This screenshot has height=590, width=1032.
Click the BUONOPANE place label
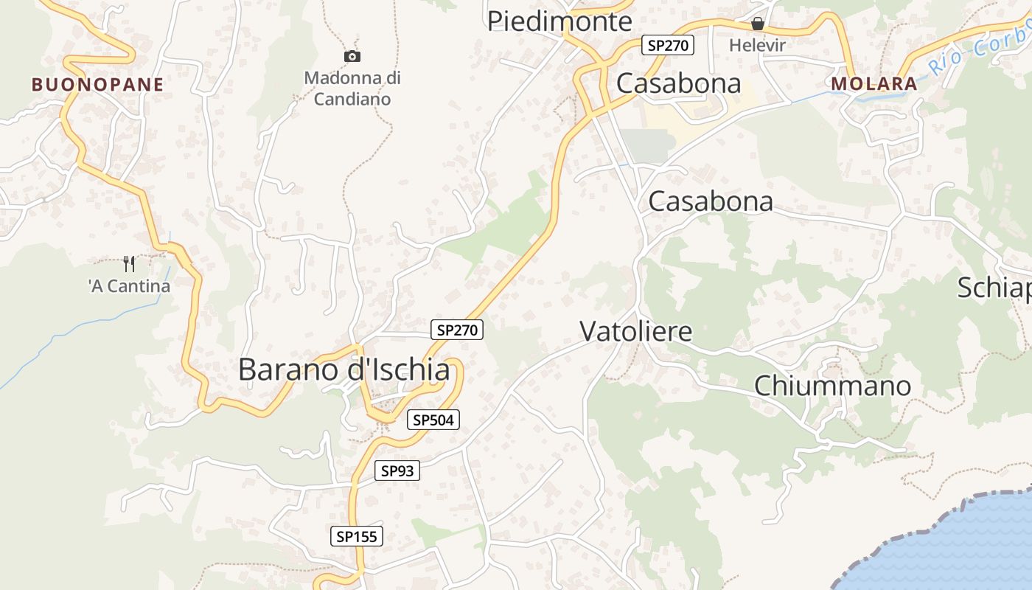(97, 85)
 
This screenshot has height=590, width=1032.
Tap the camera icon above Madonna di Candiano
(352, 56)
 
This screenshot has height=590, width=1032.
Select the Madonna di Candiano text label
(352, 88)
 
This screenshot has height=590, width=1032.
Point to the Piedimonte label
(559, 21)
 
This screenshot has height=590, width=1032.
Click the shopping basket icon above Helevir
(757, 24)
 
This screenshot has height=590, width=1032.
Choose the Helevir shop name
(757, 45)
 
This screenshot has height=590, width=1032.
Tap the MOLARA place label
(874, 84)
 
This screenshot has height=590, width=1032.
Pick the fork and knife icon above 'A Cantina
(129, 263)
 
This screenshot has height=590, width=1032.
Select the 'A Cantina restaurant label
(129, 286)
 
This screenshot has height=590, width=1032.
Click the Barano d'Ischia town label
(344, 369)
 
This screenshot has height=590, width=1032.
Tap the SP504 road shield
(433, 420)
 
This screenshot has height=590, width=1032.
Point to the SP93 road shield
(397, 471)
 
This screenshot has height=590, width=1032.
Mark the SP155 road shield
(357, 536)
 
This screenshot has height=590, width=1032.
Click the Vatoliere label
(636, 331)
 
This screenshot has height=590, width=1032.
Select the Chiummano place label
(832, 385)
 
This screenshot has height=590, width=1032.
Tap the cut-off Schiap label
(994, 288)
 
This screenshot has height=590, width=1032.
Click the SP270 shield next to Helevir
(667, 46)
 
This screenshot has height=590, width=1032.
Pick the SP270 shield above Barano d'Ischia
(457, 330)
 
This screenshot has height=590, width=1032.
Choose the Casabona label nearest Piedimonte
(678, 83)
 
